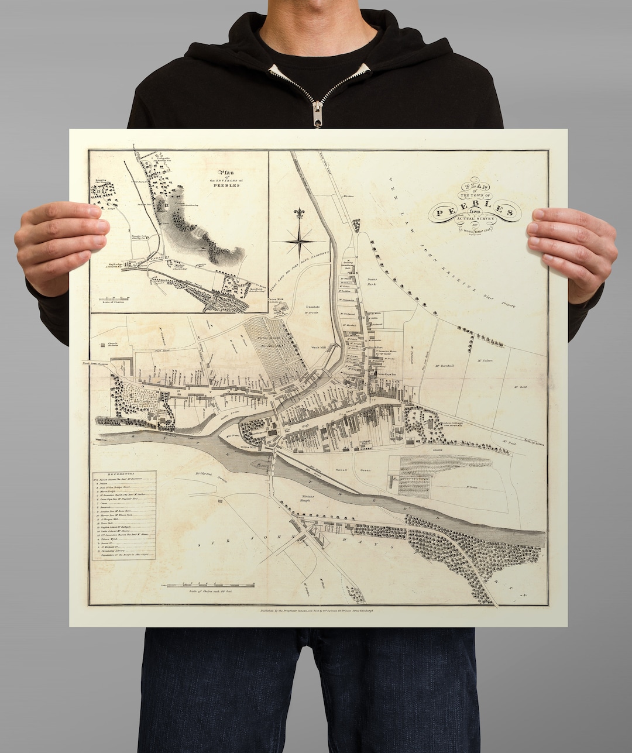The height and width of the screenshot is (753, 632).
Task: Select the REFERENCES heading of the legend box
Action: (x=123, y=474)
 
